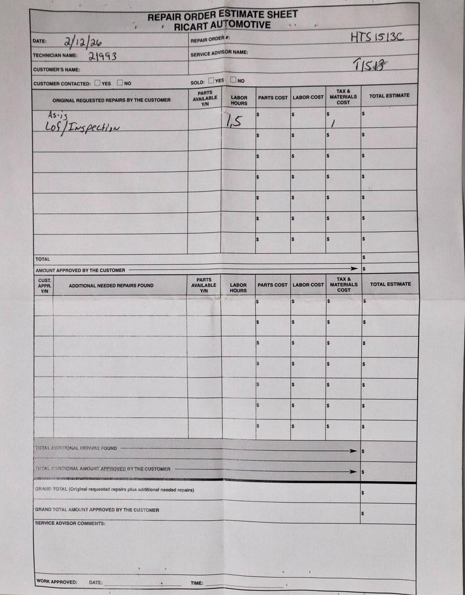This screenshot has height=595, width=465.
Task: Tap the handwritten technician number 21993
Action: point(102,56)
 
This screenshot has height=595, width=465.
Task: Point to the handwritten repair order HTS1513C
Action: point(376,37)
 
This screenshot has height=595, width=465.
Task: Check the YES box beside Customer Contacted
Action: point(97,83)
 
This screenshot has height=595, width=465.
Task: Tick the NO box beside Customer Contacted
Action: point(120,83)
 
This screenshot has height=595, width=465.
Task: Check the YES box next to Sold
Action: point(211,80)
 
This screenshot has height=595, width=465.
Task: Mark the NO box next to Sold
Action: point(233,80)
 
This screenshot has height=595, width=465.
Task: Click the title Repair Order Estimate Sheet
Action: point(222,15)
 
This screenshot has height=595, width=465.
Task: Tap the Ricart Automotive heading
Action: point(222,26)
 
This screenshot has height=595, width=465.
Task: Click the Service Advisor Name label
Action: point(219,53)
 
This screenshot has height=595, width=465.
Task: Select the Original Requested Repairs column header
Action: point(111,100)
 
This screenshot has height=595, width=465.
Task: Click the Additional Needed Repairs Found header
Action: point(111,286)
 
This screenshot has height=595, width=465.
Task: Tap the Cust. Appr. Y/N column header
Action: point(44,286)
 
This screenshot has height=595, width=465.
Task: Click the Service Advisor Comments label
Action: point(70,524)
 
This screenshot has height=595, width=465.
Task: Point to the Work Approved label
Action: point(56,582)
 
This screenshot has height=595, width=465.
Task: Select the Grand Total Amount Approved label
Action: point(96,510)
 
